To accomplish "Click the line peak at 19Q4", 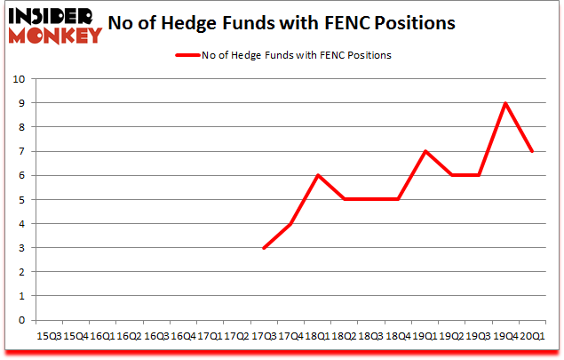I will [505, 103].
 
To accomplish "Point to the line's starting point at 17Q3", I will [264, 248].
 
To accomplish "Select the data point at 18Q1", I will [318, 175].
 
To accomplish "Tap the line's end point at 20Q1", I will [532, 151].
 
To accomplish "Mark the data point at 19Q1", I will [425, 151].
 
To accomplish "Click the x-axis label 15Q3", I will [49, 336].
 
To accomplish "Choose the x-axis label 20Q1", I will [532, 336].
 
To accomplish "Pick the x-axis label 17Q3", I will [264, 336].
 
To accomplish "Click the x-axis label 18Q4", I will [398, 336].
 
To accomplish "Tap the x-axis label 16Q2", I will [130, 336].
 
